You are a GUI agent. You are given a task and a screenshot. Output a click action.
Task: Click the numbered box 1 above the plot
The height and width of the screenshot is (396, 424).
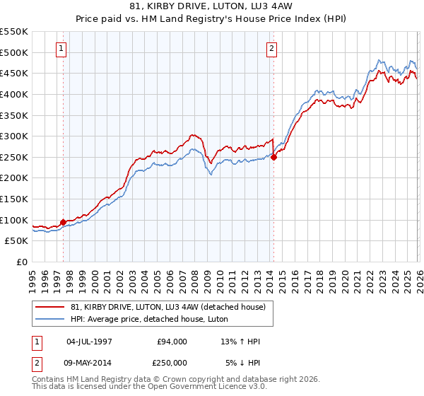point(61,49)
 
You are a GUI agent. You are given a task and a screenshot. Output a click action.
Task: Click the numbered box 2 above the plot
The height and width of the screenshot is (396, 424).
point(271,49)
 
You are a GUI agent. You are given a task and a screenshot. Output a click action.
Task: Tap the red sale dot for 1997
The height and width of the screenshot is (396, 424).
point(63,222)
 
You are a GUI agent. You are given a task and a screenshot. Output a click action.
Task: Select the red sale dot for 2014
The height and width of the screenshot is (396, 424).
point(273,157)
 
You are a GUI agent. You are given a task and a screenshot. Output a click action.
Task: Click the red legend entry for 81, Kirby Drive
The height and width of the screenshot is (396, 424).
point(167,307)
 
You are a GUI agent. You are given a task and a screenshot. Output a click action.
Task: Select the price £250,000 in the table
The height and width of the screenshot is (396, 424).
point(172,363)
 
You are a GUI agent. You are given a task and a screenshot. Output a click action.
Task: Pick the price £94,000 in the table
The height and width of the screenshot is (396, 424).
point(172,342)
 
